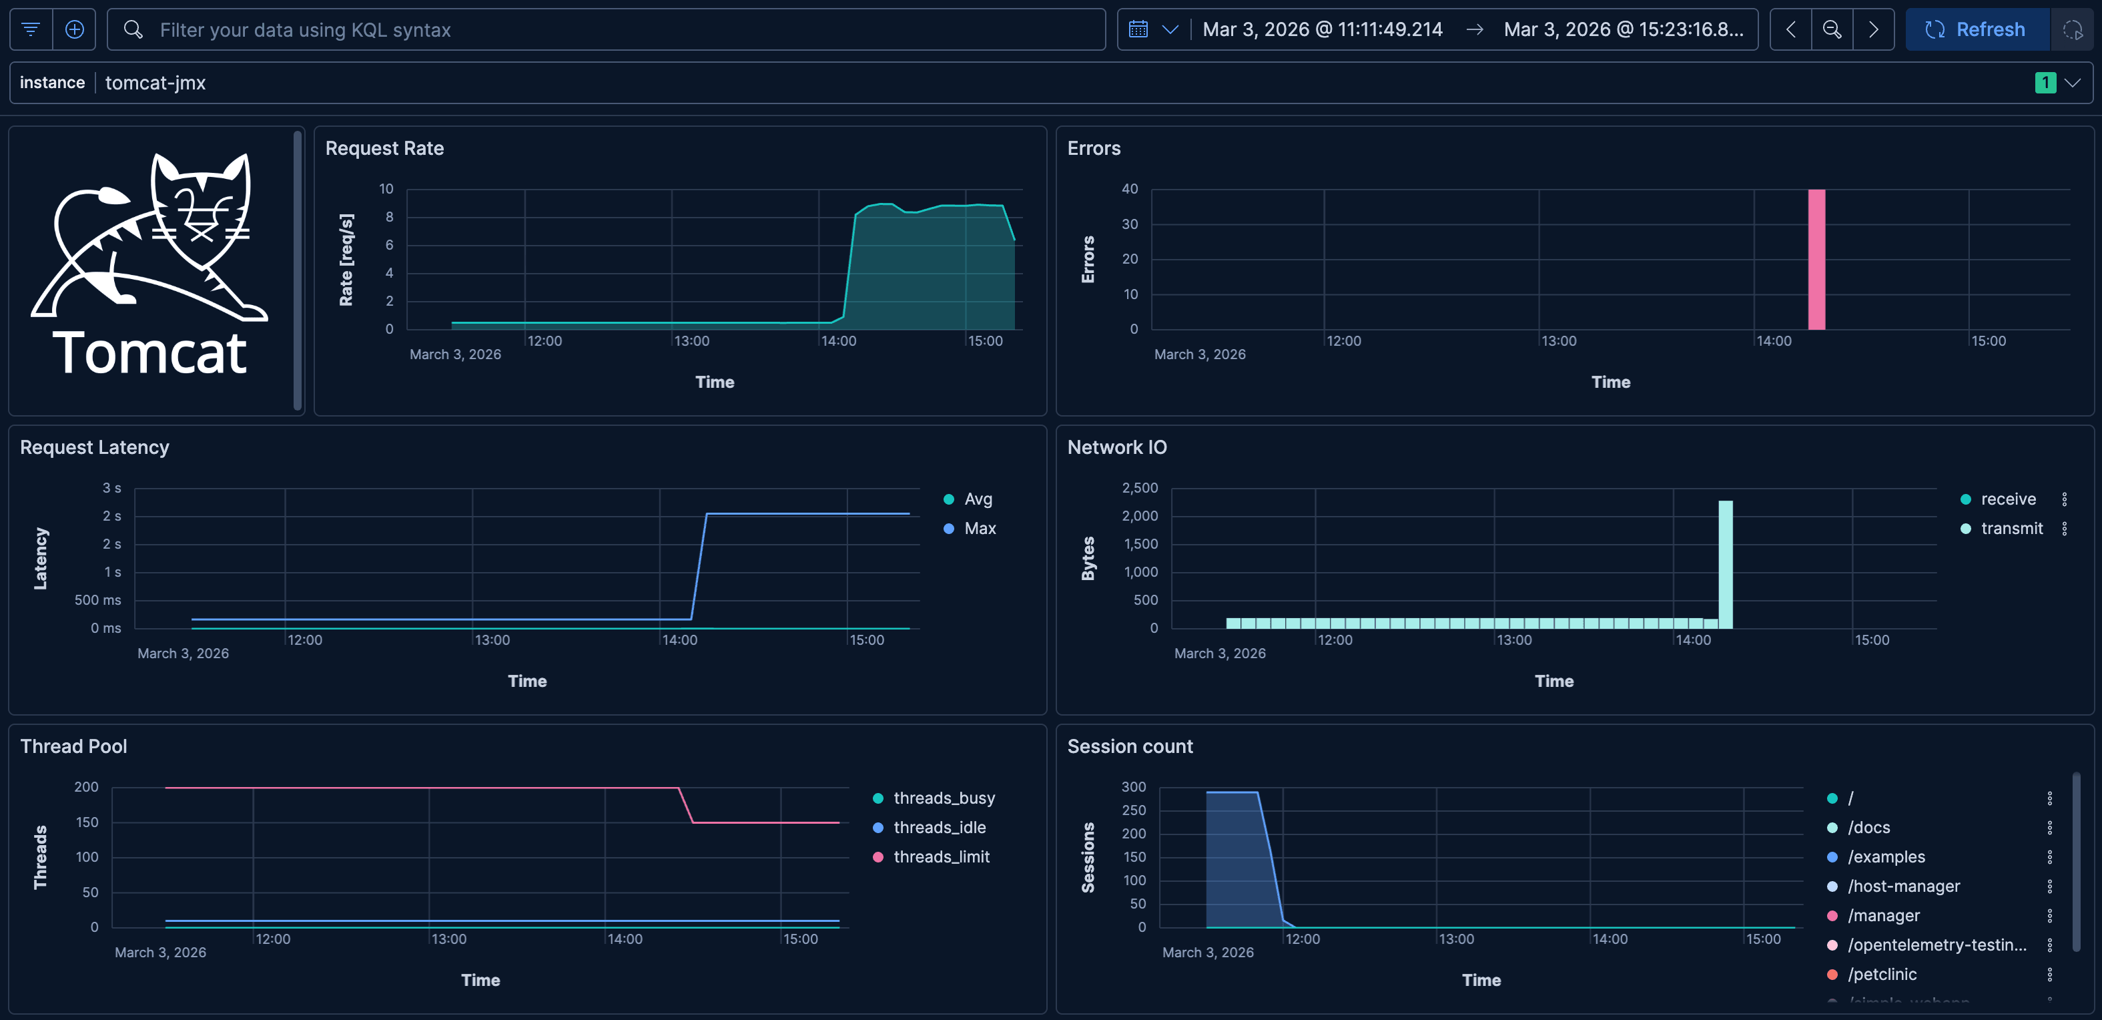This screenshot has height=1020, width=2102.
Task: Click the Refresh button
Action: pyautogui.click(x=1975, y=29)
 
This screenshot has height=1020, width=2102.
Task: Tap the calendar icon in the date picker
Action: pyautogui.click(x=1138, y=29)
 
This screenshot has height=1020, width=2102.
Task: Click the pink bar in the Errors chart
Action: pyautogui.click(x=1816, y=260)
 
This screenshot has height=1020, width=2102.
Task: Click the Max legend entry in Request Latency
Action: pyautogui.click(x=979, y=528)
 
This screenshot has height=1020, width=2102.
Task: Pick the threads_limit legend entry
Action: pyautogui.click(x=941, y=857)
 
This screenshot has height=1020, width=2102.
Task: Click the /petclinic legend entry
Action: pyautogui.click(x=1882, y=975)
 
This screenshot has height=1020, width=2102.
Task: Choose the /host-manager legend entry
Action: pyautogui.click(x=1903, y=886)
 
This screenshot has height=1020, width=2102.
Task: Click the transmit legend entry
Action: pyautogui.click(x=2011, y=528)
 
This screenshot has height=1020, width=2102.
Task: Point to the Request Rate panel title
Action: pyautogui.click(x=384, y=148)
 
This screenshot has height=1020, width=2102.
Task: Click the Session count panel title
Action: pyautogui.click(x=1129, y=746)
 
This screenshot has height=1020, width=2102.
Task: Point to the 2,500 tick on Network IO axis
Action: pyautogui.click(x=1139, y=487)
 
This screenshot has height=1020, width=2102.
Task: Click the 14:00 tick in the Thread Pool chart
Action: pyautogui.click(x=625, y=939)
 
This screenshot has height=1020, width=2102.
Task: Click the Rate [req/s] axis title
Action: pyautogui.click(x=346, y=260)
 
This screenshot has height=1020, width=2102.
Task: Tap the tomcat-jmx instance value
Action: pyautogui.click(x=155, y=82)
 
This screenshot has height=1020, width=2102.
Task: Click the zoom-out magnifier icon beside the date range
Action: pyautogui.click(x=1832, y=29)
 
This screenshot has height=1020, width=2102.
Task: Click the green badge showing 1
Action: pyautogui.click(x=2045, y=82)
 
